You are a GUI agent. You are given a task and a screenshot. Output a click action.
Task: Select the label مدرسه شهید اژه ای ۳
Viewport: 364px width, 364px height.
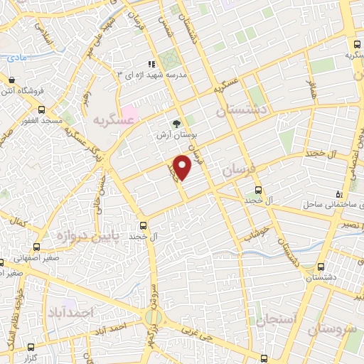(152, 75)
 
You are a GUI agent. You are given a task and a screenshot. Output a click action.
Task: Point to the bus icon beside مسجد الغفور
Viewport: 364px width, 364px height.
(41, 110)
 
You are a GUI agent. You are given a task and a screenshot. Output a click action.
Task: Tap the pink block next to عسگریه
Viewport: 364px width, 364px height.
(131, 112)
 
